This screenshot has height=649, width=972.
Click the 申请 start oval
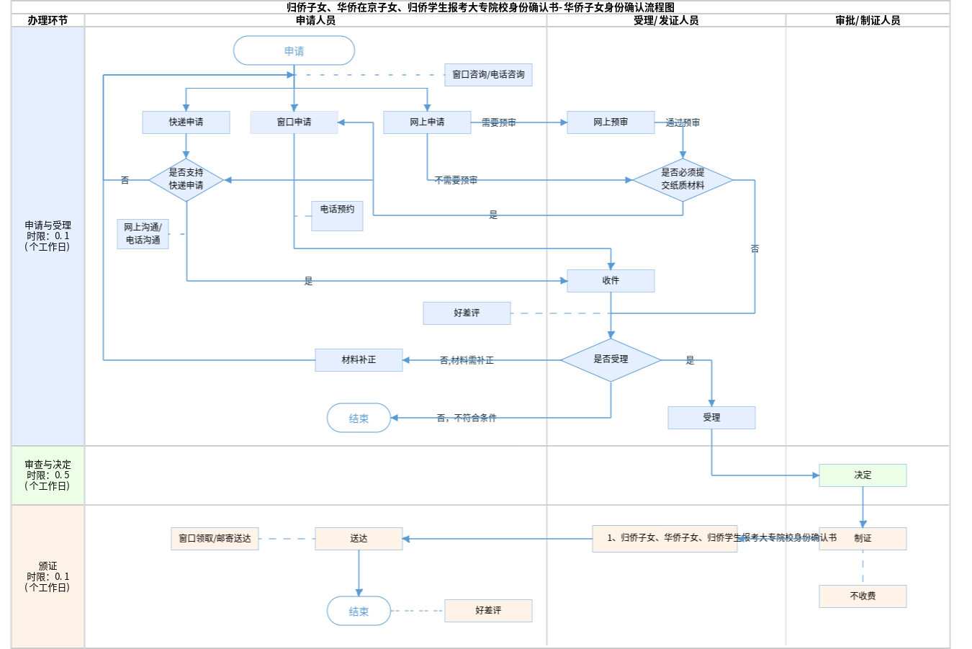294,51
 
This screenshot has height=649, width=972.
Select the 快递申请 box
186,122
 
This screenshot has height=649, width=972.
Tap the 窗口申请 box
294,122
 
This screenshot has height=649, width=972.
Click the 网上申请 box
427,122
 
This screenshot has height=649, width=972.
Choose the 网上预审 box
611,122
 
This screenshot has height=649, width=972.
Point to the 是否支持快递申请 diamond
186,179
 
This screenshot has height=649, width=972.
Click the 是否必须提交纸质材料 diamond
683,179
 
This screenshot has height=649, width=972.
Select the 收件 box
611,281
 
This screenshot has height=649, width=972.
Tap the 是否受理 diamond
611,359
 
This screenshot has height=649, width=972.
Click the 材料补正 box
359,360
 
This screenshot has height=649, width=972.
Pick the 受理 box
711,418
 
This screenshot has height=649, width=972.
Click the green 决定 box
863,475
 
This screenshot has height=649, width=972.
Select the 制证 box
863,539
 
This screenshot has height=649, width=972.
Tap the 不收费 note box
863,596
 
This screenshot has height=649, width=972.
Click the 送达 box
359,539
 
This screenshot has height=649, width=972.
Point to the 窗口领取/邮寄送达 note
215,539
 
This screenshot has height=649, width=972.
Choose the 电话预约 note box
337,215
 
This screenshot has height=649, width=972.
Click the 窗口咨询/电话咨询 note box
488,75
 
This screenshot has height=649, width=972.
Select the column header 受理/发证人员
666,21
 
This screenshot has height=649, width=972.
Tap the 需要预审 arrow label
499,123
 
